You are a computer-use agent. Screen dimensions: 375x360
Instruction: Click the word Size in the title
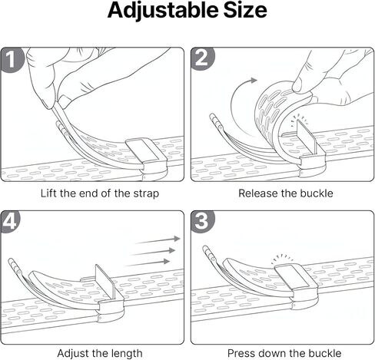(x=245, y=10)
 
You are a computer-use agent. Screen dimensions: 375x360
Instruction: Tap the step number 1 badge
(x=12, y=60)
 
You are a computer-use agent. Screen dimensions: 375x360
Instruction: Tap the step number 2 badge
(x=202, y=58)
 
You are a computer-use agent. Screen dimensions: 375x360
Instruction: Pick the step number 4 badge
(x=10, y=222)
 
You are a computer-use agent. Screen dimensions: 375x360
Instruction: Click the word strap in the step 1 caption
(x=146, y=193)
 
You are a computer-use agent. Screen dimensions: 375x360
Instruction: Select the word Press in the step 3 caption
(x=241, y=353)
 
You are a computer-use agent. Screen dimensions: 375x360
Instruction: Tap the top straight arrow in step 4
(x=158, y=240)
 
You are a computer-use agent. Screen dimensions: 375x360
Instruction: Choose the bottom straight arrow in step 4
(x=148, y=263)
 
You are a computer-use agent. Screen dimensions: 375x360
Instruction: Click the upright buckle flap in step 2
(x=306, y=136)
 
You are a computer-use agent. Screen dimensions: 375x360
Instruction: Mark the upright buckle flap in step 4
(x=105, y=282)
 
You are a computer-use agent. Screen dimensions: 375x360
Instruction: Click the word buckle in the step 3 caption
(x=327, y=353)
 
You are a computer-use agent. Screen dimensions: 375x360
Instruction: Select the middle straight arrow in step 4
(x=153, y=252)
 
